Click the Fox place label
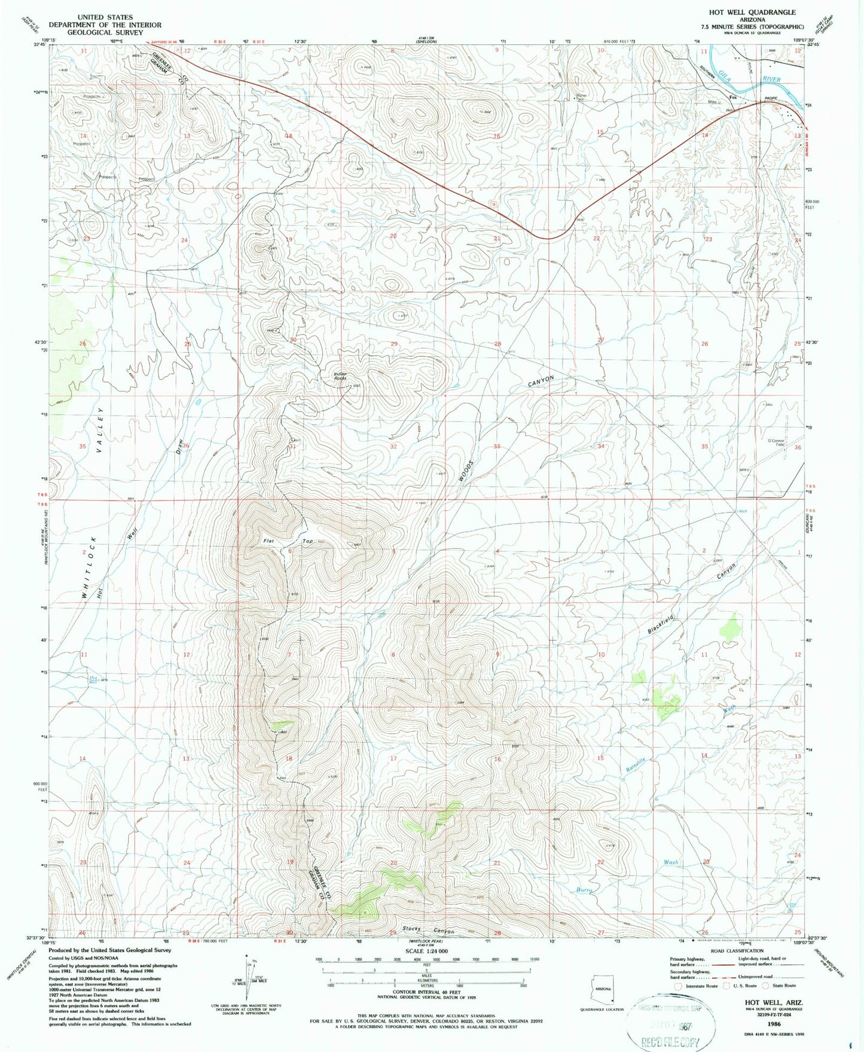[732, 98]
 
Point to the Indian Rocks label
[340, 376]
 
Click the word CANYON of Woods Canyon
[541, 382]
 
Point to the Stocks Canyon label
[428, 930]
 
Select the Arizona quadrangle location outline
[601, 990]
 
